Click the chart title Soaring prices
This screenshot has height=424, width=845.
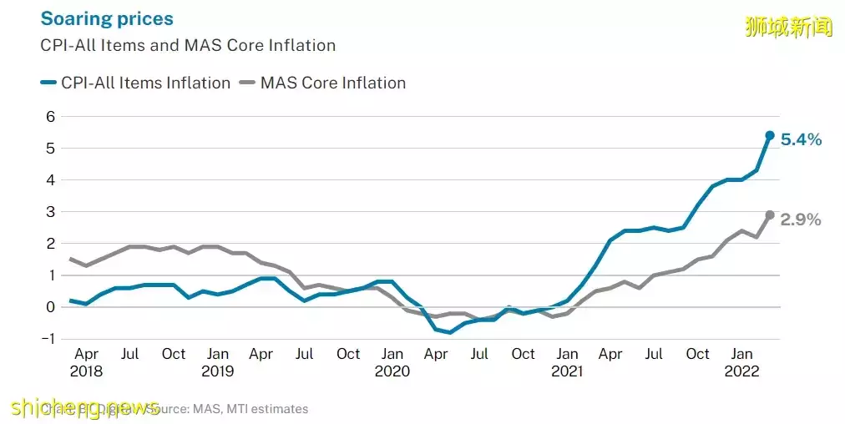[107, 18]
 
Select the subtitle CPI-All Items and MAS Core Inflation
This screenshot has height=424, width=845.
[188, 46]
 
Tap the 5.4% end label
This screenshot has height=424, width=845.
[801, 140]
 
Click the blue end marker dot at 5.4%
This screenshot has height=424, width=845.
[770, 135]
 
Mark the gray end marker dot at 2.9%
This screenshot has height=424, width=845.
[770, 215]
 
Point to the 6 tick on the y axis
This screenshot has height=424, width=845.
[50, 117]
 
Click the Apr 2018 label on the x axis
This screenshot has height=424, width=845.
[85, 362]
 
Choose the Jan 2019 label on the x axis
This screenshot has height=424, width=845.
[217, 362]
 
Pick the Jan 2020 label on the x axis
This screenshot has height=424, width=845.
[392, 362]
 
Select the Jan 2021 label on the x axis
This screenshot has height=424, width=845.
[567, 362]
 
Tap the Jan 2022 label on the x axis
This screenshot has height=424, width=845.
[742, 362]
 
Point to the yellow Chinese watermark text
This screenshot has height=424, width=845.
[788, 27]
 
